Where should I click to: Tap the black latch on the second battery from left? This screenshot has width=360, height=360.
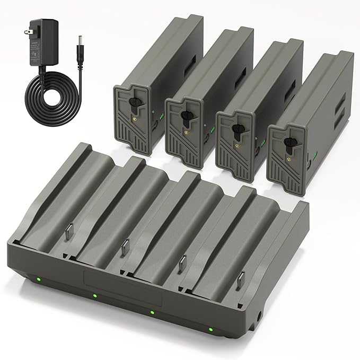click(x=185, y=116)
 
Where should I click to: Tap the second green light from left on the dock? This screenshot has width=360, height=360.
click(x=94, y=295)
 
